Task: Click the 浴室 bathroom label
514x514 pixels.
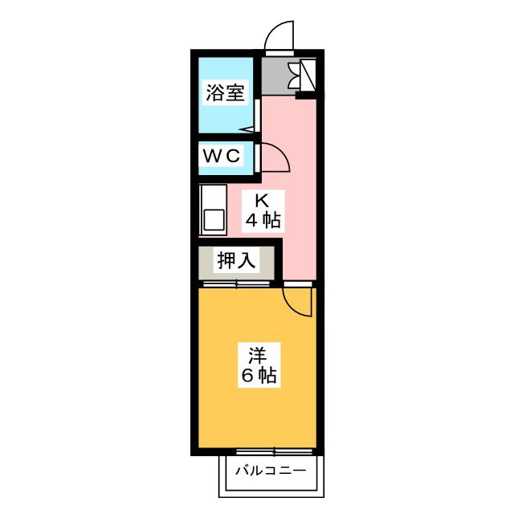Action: click(225, 92)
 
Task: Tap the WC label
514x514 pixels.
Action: click(222, 155)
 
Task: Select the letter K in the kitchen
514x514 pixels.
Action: click(262, 201)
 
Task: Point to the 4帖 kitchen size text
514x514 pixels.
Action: click(263, 220)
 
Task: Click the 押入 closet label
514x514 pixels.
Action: click(236, 260)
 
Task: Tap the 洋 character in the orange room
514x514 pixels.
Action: click(257, 356)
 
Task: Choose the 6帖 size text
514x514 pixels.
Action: click(259, 376)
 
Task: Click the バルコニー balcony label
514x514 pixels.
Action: click(271, 471)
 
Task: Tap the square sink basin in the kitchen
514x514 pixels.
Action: click(214, 220)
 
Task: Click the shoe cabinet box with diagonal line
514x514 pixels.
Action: click(308, 75)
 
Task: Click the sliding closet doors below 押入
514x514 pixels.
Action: click(237, 284)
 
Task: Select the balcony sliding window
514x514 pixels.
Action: click(274, 452)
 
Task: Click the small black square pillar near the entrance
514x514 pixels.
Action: click(300, 96)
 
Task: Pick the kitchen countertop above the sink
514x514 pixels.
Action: click(213, 197)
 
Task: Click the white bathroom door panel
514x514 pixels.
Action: click(257, 116)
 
